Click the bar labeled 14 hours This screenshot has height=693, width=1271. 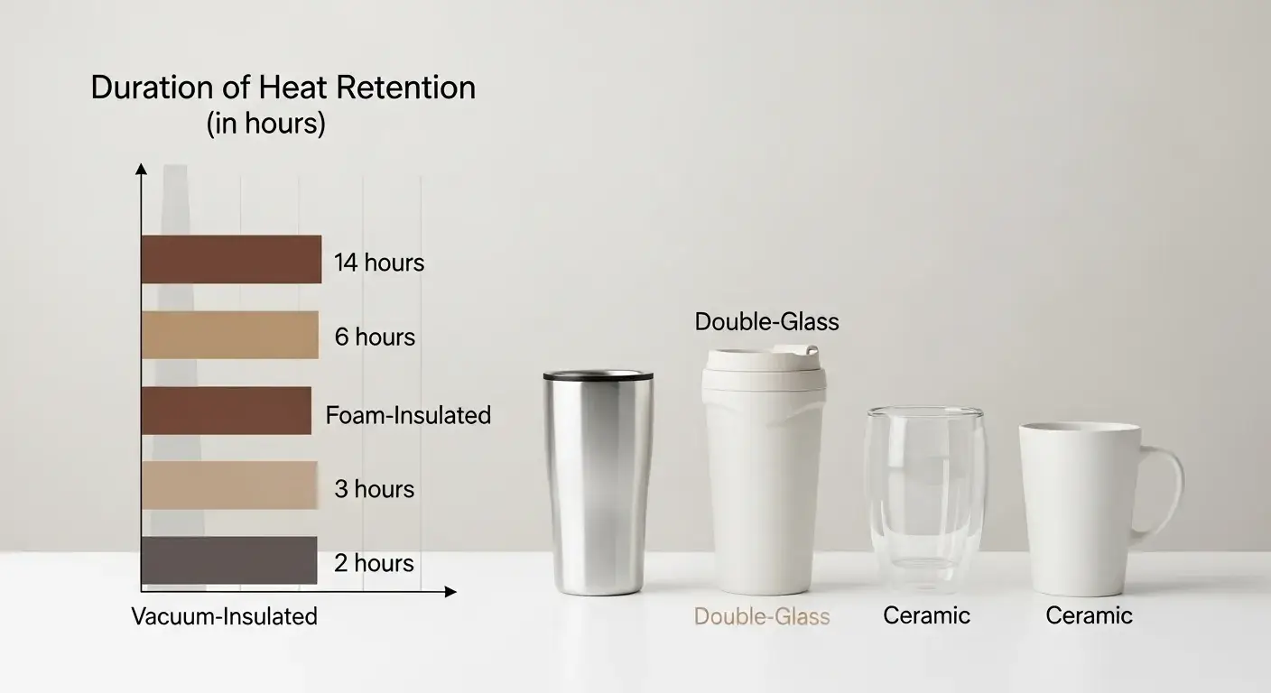point(231,260)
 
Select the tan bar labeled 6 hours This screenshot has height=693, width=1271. point(230,335)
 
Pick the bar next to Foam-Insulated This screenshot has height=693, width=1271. point(227,411)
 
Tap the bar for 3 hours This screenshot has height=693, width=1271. point(229,485)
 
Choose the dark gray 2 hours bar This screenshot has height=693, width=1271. point(229,560)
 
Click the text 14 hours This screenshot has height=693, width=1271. point(379,263)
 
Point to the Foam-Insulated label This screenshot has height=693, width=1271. point(408,415)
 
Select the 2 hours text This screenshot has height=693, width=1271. point(374,563)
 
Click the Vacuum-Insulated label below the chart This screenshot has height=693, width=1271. point(225,616)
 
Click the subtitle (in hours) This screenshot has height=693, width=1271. point(265,124)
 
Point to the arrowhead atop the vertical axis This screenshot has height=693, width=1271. point(141,169)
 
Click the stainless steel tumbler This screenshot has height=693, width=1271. point(598,483)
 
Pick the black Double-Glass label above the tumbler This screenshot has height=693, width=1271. point(766,321)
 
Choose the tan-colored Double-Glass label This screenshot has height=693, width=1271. point(762,617)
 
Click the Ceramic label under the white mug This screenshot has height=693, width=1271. point(1089,615)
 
